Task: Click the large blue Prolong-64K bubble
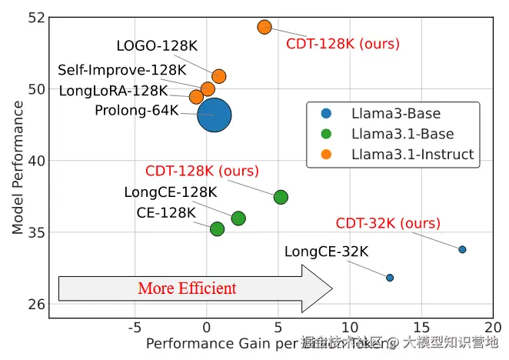coord(214,115)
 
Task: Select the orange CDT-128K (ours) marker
coord(264,27)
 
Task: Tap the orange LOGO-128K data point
coord(218,75)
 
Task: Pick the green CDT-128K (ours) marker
coord(281,197)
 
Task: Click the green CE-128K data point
coord(217,228)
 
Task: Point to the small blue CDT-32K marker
coord(462,249)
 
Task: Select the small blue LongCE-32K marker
coord(390,278)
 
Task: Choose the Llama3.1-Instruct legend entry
coord(412,154)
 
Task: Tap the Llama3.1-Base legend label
coord(402,134)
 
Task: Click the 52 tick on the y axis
coord(36,17)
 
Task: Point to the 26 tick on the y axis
coord(36,304)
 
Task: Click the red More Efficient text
coord(187,288)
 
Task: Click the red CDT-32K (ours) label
coord(388,223)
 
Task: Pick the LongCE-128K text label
coord(171,192)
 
